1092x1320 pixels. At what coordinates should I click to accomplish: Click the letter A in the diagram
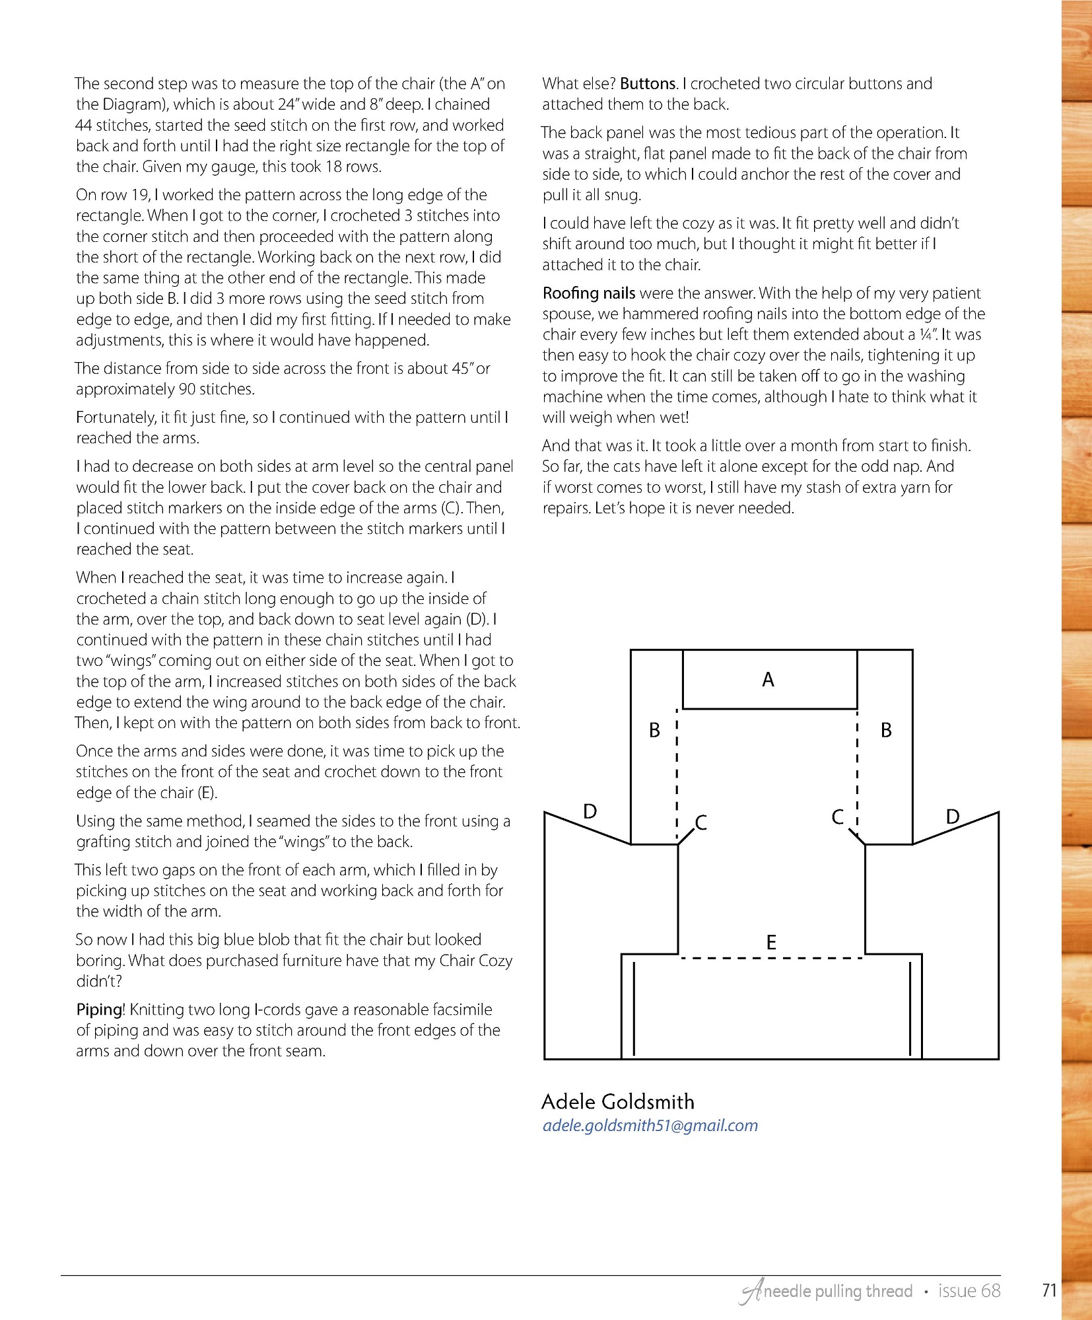coord(768,680)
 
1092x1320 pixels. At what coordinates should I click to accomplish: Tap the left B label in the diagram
coord(654,730)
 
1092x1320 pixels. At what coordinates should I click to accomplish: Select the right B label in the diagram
coord(886,730)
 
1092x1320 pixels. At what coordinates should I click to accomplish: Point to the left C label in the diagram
coord(701,823)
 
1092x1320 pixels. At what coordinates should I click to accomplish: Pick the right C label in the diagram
coord(837,817)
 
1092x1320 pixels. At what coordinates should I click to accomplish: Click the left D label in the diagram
coord(590,811)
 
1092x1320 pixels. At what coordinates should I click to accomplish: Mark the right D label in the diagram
coord(952,817)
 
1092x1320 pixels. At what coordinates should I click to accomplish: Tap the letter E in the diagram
coord(770,943)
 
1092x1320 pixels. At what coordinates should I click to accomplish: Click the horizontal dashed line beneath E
coord(771,958)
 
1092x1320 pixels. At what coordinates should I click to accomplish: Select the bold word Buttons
coord(648,84)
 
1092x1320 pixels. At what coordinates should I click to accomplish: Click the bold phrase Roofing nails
coord(589,293)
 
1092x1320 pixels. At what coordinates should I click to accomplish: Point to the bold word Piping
coord(100,1010)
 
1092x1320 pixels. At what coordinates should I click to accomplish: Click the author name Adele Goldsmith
coord(618,1102)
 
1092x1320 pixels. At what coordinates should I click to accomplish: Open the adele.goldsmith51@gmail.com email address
coord(650,1126)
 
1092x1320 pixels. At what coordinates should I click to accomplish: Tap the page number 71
coord(1049,1291)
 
